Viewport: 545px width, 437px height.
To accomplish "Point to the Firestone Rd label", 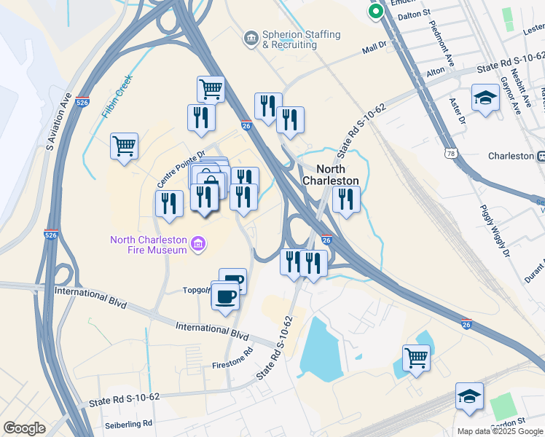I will pyautogui.click(x=232, y=357).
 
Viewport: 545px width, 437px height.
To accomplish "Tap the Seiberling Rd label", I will pyautogui.click(x=127, y=423).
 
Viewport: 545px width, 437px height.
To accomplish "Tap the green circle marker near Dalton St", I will pyautogui.click(x=376, y=11).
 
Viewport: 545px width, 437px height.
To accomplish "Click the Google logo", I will pyautogui.click(x=24, y=428).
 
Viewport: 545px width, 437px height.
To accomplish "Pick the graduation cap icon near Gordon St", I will pyautogui.click(x=469, y=396).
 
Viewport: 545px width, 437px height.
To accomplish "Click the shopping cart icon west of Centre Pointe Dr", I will pyautogui.click(x=124, y=146).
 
